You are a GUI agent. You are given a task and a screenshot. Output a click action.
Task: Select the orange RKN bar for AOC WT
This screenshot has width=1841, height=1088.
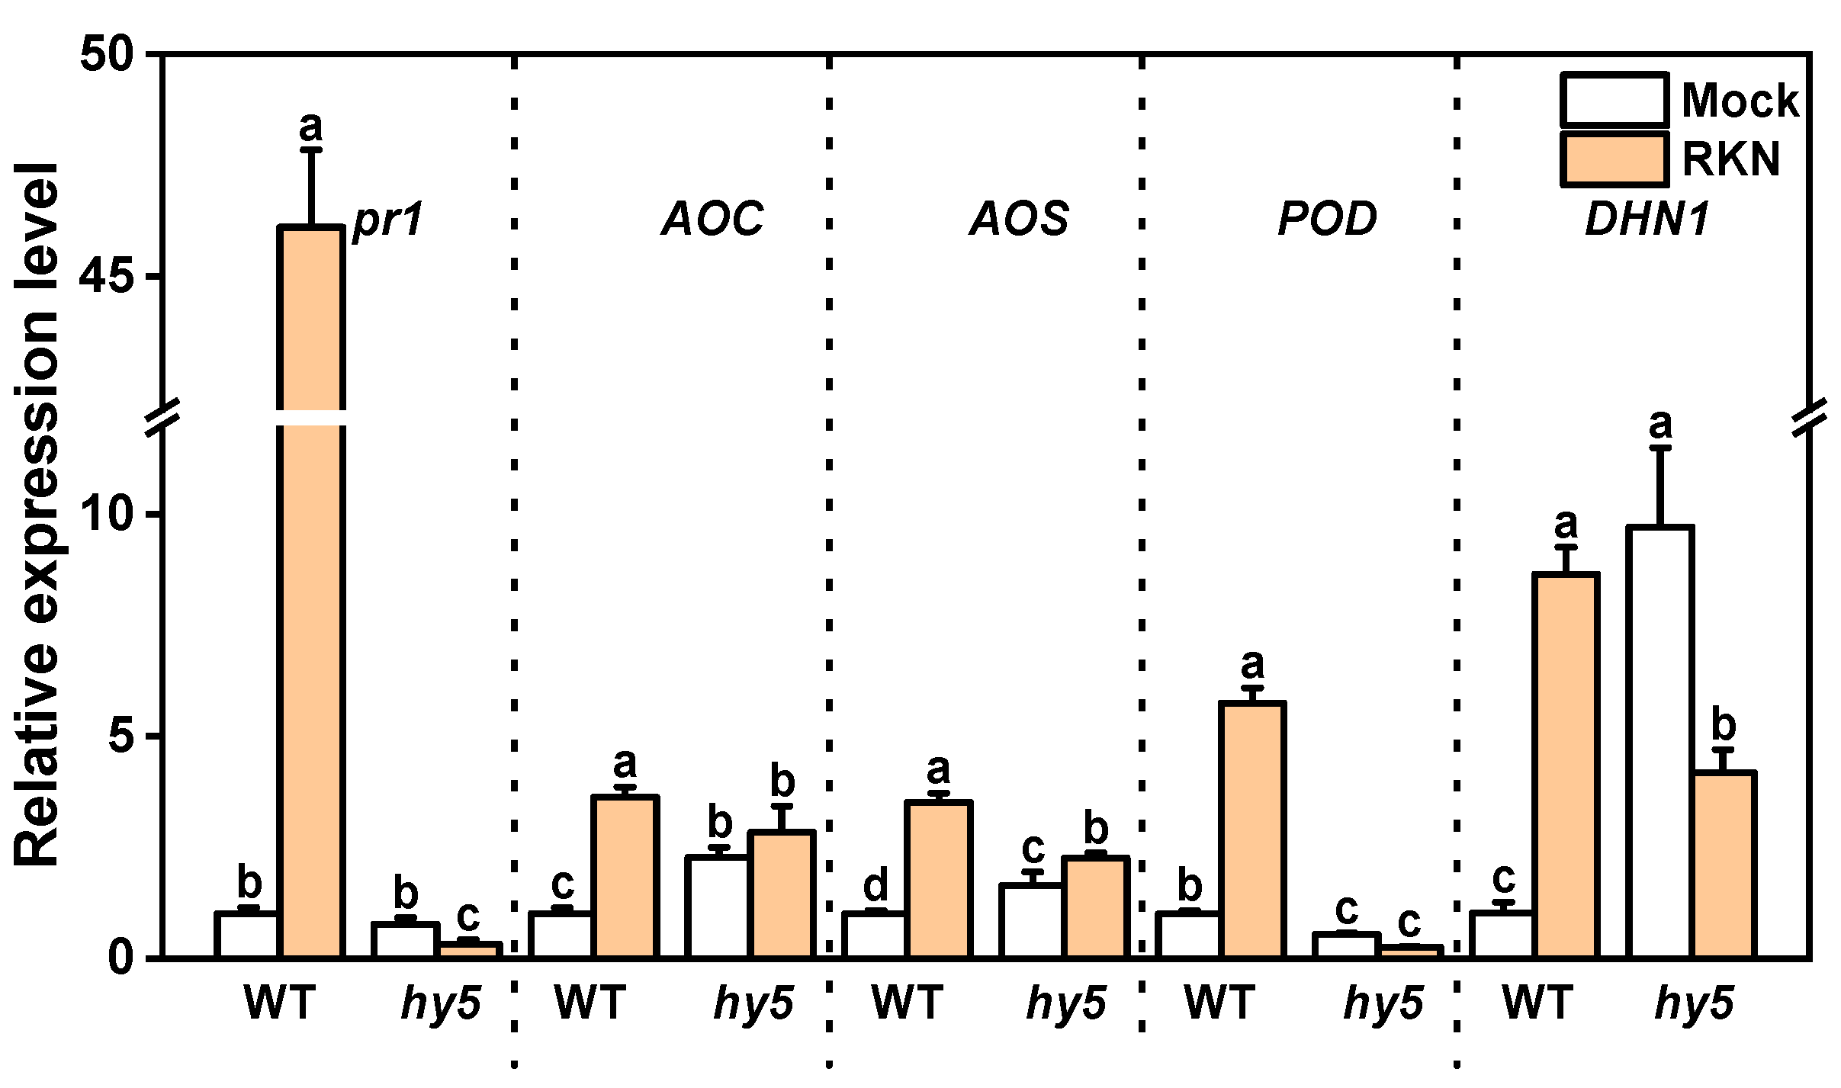pyautogui.click(x=625, y=876)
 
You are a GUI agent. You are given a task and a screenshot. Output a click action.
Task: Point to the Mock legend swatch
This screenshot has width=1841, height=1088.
pyautogui.click(x=1614, y=100)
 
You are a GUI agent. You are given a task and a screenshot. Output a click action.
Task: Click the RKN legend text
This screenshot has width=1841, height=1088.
pyautogui.click(x=1730, y=159)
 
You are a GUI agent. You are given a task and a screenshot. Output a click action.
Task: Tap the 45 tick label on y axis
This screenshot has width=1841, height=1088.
pyautogui.click(x=107, y=278)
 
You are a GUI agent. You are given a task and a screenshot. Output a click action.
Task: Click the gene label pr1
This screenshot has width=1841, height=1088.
pyautogui.click(x=387, y=221)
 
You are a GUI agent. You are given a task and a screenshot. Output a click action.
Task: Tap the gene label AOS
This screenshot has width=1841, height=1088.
pyautogui.click(x=1019, y=220)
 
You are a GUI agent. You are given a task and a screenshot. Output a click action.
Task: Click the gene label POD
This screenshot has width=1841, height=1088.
pyautogui.click(x=1327, y=220)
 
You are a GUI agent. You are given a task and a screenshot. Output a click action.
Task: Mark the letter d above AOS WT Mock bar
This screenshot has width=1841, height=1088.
pyautogui.click(x=875, y=885)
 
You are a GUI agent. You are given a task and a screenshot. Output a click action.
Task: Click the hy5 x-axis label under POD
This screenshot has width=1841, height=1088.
pyautogui.click(x=1383, y=1004)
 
